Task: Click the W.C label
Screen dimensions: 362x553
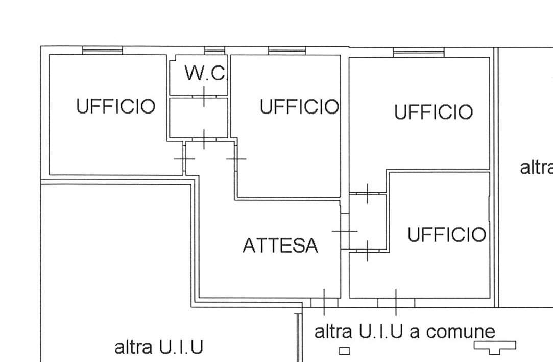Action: (204, 74)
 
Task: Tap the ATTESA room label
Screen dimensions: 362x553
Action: (280, 246)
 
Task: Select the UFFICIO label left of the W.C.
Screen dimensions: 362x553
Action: (115, 107)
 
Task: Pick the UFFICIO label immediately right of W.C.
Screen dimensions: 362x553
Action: (299, 107)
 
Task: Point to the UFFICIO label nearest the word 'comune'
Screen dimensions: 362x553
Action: (446, 235)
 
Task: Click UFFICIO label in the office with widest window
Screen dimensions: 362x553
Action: (433, 112)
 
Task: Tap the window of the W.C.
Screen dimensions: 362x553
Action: (214, 50)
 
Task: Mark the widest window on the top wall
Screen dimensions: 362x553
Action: (419, 52)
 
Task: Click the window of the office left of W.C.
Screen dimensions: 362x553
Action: (103, 50)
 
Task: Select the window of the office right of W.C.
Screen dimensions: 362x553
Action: (287, 50)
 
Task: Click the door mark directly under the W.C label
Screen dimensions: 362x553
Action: (204, 96)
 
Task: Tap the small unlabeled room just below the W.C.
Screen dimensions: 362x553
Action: (198, 117)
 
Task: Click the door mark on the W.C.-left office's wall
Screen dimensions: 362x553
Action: (184, 159)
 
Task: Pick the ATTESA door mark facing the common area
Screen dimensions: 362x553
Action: (324, 302)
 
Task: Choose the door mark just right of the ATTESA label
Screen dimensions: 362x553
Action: (345, 231)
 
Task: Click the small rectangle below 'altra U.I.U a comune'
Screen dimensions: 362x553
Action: (345, 351)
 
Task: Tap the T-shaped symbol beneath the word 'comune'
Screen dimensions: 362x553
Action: (495, 347)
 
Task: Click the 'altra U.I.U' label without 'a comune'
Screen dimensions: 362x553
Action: (158, 348)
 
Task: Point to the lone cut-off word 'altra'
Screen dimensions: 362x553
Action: (536, 167)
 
